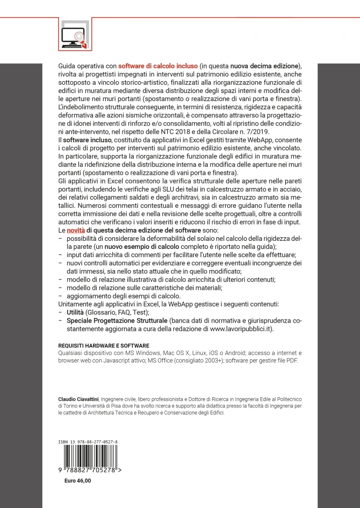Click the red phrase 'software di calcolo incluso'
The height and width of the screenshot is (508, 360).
(158, 66)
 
